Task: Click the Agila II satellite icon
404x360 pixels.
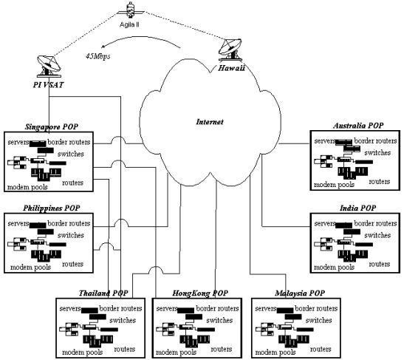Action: click(x=131, y=10)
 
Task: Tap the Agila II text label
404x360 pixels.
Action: click(x=129, y=24)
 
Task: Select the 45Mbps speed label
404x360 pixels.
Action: click(x=98, y=56)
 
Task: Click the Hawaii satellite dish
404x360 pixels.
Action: click(x=230, y=50)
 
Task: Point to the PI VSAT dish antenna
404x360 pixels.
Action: click(x=49, y=66)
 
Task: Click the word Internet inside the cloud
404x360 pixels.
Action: click(x=210, y=122)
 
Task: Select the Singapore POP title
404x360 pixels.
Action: click(x=51, y=126)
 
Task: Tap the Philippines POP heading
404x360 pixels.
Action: click(x=51, y=208)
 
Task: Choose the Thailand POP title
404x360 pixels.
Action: click(x=103, y=293)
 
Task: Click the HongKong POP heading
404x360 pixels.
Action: click(x=200, y=293)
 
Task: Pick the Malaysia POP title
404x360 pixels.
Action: click(x=300, y=293)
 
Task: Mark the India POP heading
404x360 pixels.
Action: click(x=357, y=208)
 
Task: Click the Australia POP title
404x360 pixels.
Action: click(x=358, y=126)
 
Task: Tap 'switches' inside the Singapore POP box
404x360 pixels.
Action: click(x=71, y=154)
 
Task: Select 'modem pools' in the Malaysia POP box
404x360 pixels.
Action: click(x=275, y=353)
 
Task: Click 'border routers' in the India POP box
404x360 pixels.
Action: click(x=375, y=223)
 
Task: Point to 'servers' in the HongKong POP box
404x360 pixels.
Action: click(x=167, y=308)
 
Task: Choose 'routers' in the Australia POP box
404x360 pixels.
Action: click(x=380, y=182)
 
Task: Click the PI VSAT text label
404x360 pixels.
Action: click(x=48, y=85)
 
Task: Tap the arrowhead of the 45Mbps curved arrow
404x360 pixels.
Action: click(x=103, y=47)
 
